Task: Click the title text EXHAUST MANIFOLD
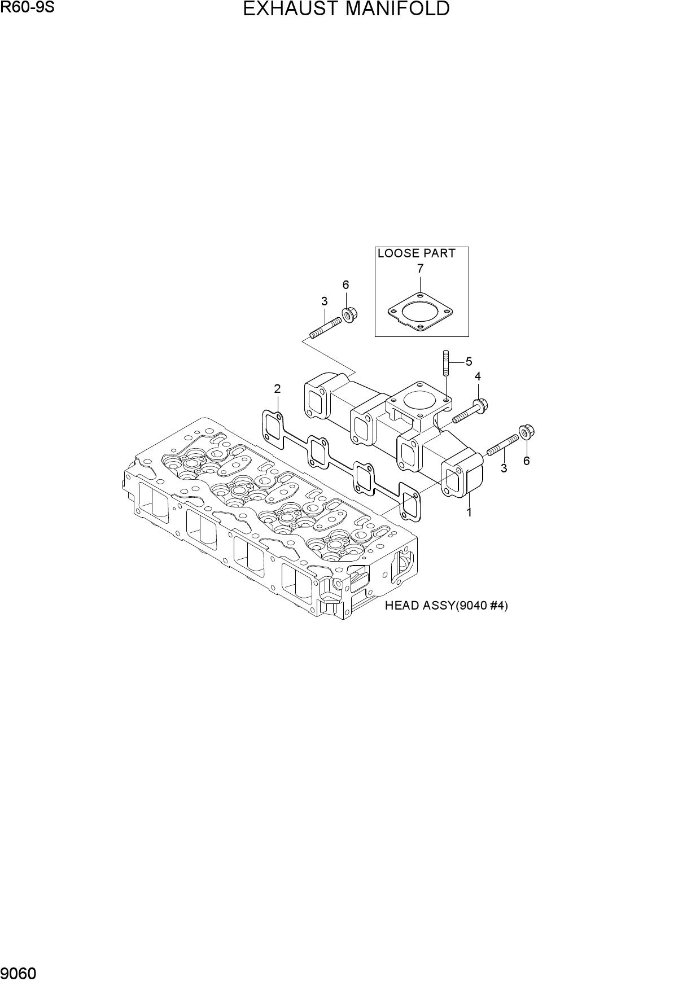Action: pos(346,9)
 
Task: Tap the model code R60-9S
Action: pos(28,8)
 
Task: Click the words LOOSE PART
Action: pos(417,253)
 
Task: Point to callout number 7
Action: pos(420,269)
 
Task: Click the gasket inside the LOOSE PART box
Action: pos(421,312)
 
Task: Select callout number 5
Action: pos(469,362)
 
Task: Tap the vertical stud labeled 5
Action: pos(445,363)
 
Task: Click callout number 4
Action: pos(478,376)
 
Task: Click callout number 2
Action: pos(277,388)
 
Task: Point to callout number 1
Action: pos(469,512)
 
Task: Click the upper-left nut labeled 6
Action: pos(348,314)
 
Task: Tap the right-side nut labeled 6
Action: pos(526,432)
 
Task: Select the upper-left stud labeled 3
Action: pos(326,327)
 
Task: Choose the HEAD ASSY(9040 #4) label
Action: pos(447,606)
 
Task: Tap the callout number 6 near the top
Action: pos(345,285)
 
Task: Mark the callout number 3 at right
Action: pos(504,468)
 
